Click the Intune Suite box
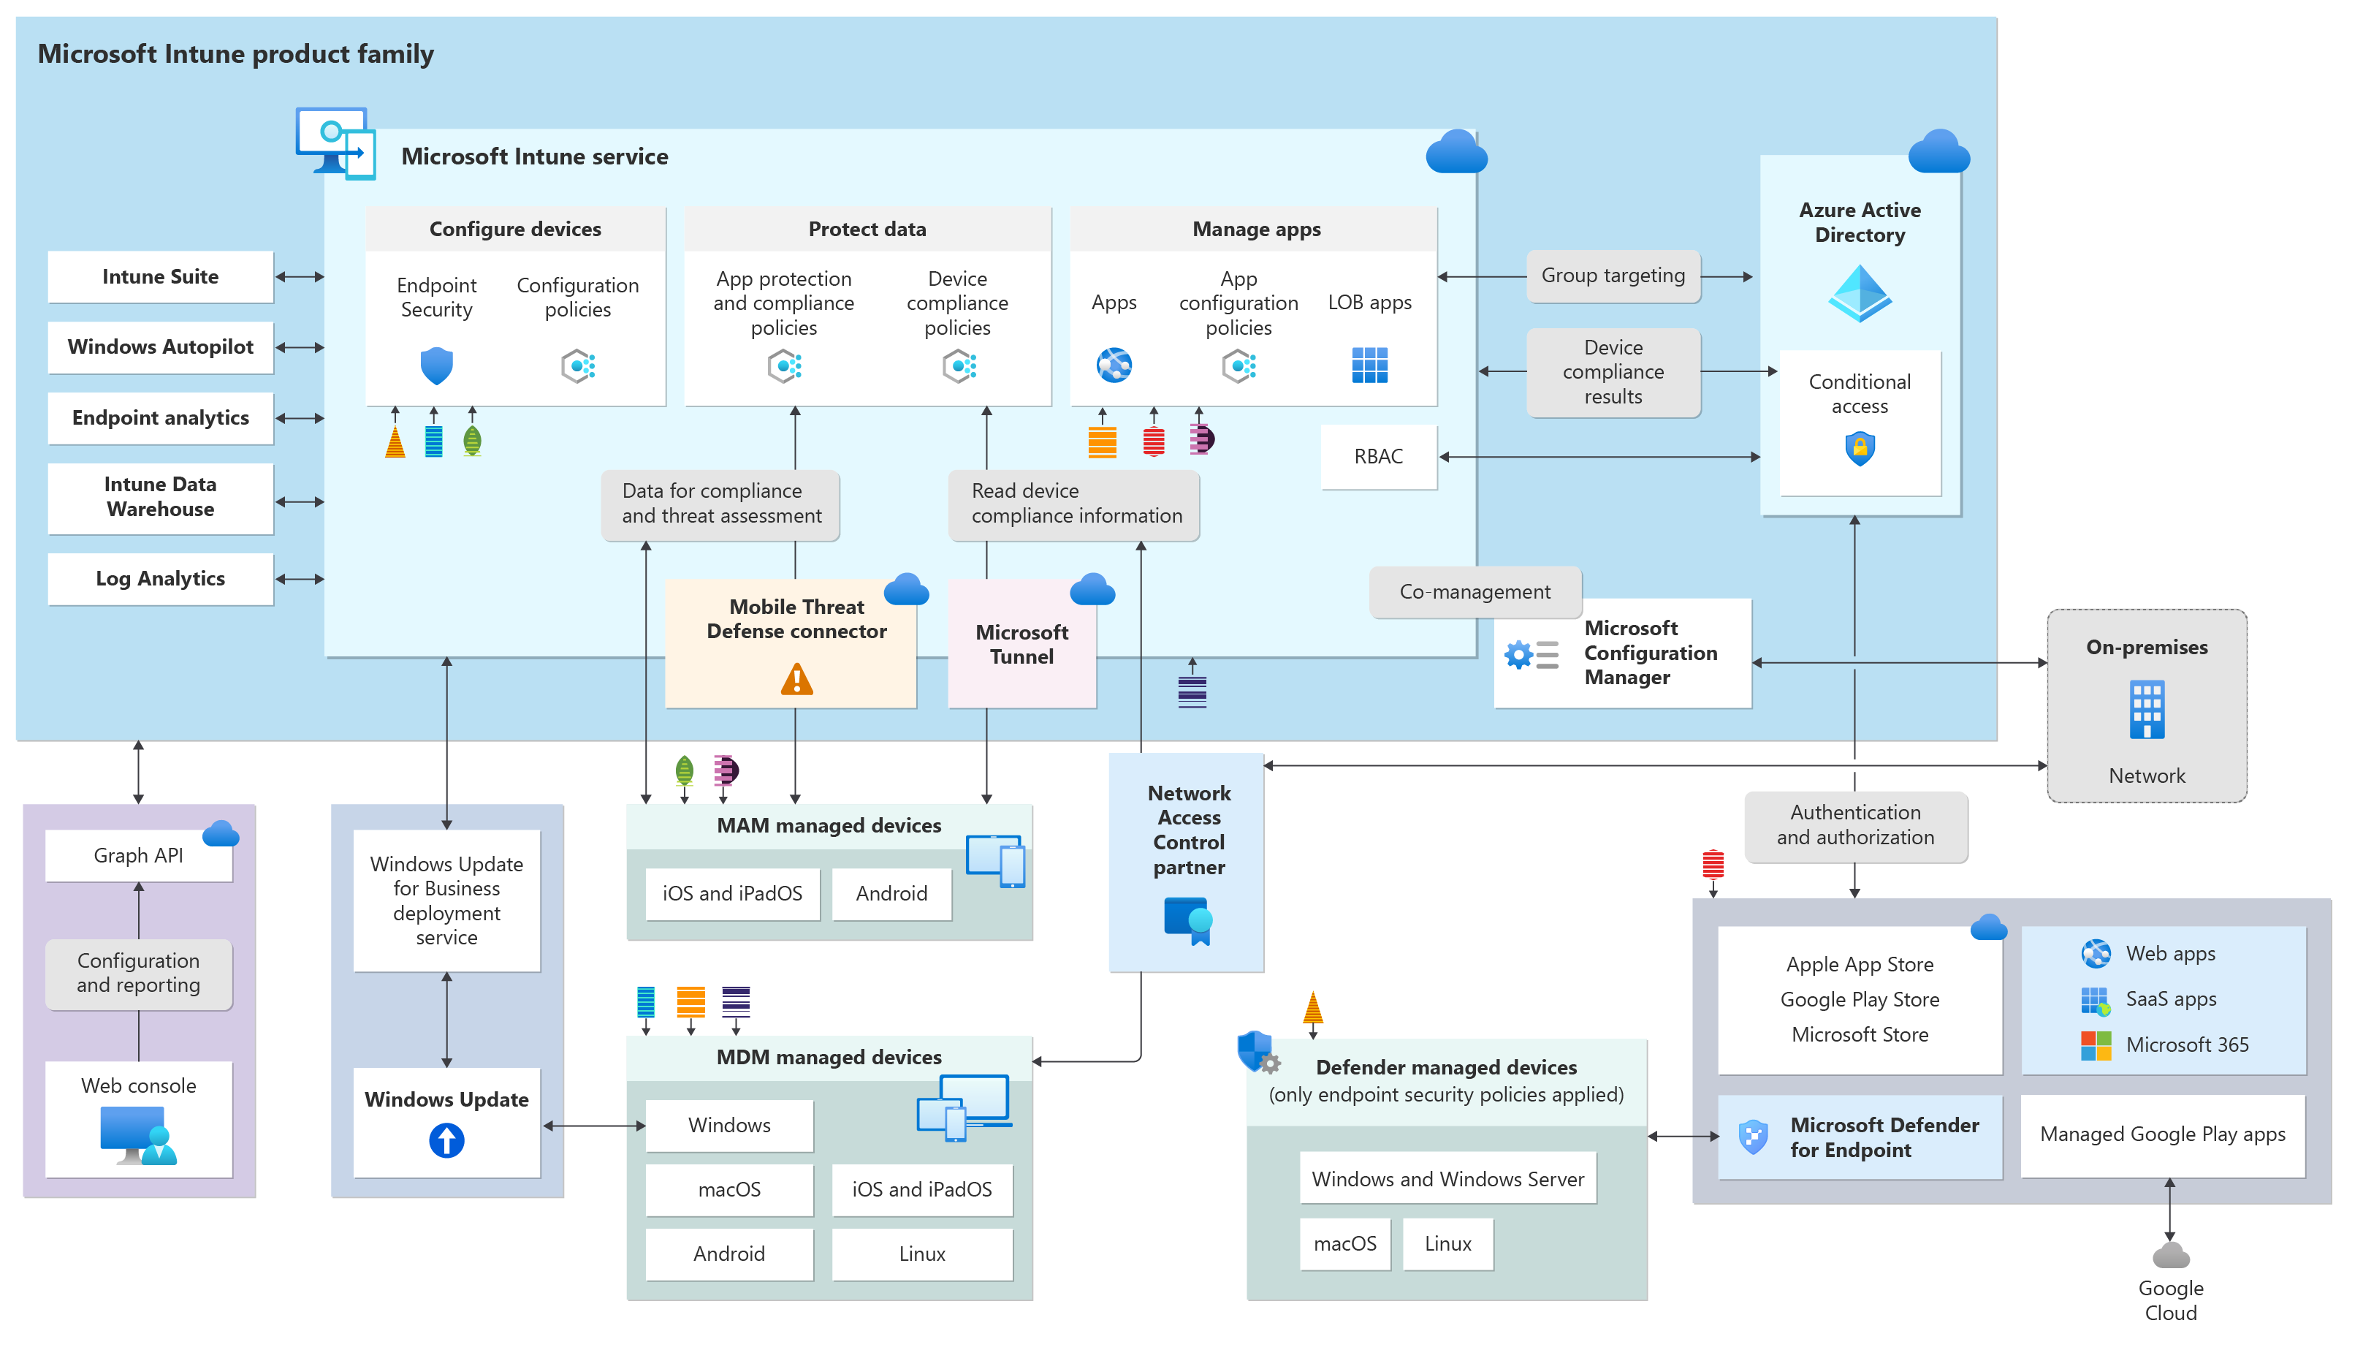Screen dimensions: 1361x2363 tap(160, 277)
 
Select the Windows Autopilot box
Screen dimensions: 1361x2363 tap(160, 346)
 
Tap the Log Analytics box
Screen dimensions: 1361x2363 tap(160, 579)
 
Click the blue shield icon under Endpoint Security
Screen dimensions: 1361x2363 tap(436, 365)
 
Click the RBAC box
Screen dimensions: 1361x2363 tap(1378, 456)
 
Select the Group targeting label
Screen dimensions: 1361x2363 tap(1613, 276)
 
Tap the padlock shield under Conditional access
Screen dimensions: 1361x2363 tap(1860, 449)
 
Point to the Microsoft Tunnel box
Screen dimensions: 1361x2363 tap(1021, 644)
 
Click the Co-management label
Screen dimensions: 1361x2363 tap(1475, 592)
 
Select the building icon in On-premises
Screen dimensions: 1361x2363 tap(2146, 710)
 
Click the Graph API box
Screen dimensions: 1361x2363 tap(138, 855)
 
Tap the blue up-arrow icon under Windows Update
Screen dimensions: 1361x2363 tap(446, 1140)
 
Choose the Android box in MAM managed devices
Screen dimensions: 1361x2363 tap(891, 894)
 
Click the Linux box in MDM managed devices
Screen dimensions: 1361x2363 tap(921, 1254)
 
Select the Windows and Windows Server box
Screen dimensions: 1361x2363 tap(1447, 1179)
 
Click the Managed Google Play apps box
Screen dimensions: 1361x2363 tap(2162, 1135)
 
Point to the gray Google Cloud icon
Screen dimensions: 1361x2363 tap(2169, 1255)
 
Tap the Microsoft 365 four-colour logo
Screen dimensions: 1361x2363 tap(2095, 1045)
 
